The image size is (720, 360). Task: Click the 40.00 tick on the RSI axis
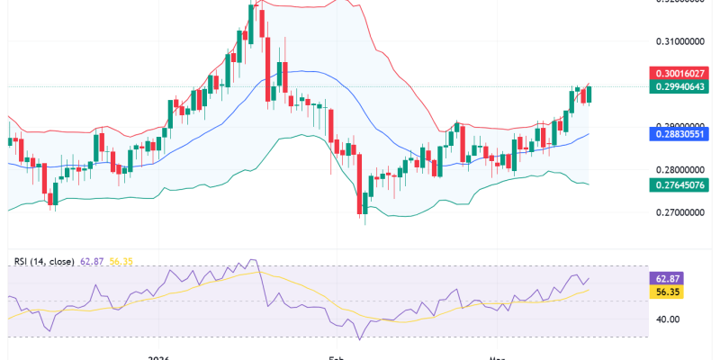click(x=667, y=319)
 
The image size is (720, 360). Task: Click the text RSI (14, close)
click(x=44, y=262)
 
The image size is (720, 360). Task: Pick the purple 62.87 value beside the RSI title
click(x=93, y=262)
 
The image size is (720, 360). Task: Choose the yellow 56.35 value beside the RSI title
click(x=121, y=262)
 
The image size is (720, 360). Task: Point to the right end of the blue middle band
click(x=589, y=134)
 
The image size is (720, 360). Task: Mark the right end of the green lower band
click(x=589, y=184)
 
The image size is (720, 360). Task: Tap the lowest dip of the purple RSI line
click(x=360, y=339)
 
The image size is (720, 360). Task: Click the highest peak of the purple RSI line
click(x=251, y=260)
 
